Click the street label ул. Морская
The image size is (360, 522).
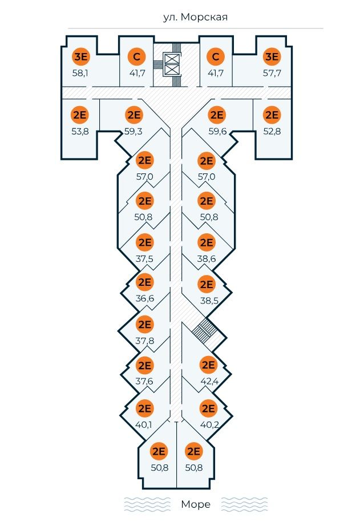coord(195,17)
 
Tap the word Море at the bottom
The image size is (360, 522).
coord(195,504)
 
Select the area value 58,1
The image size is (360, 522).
coord(80,74)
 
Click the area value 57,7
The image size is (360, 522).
coord(272,74)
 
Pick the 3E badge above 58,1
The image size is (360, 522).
coord(80,57)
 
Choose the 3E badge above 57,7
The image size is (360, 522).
coord(272,57)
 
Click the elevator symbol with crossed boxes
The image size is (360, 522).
coord(171,64)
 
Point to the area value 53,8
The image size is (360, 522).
coord(80,131)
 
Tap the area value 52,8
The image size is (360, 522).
coord(272,131)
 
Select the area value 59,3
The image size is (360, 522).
coord(134,131)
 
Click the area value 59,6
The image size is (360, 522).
coord(217,131)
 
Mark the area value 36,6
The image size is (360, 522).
coord(145,298)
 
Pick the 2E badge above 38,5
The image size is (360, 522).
coord(206,283)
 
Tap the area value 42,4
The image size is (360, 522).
coord(208,381)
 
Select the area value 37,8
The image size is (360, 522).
coord(145,341)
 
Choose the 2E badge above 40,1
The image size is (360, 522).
coord(144,408)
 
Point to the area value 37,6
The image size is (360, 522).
coord(145,381)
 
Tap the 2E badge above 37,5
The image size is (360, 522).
coord(145,242)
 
